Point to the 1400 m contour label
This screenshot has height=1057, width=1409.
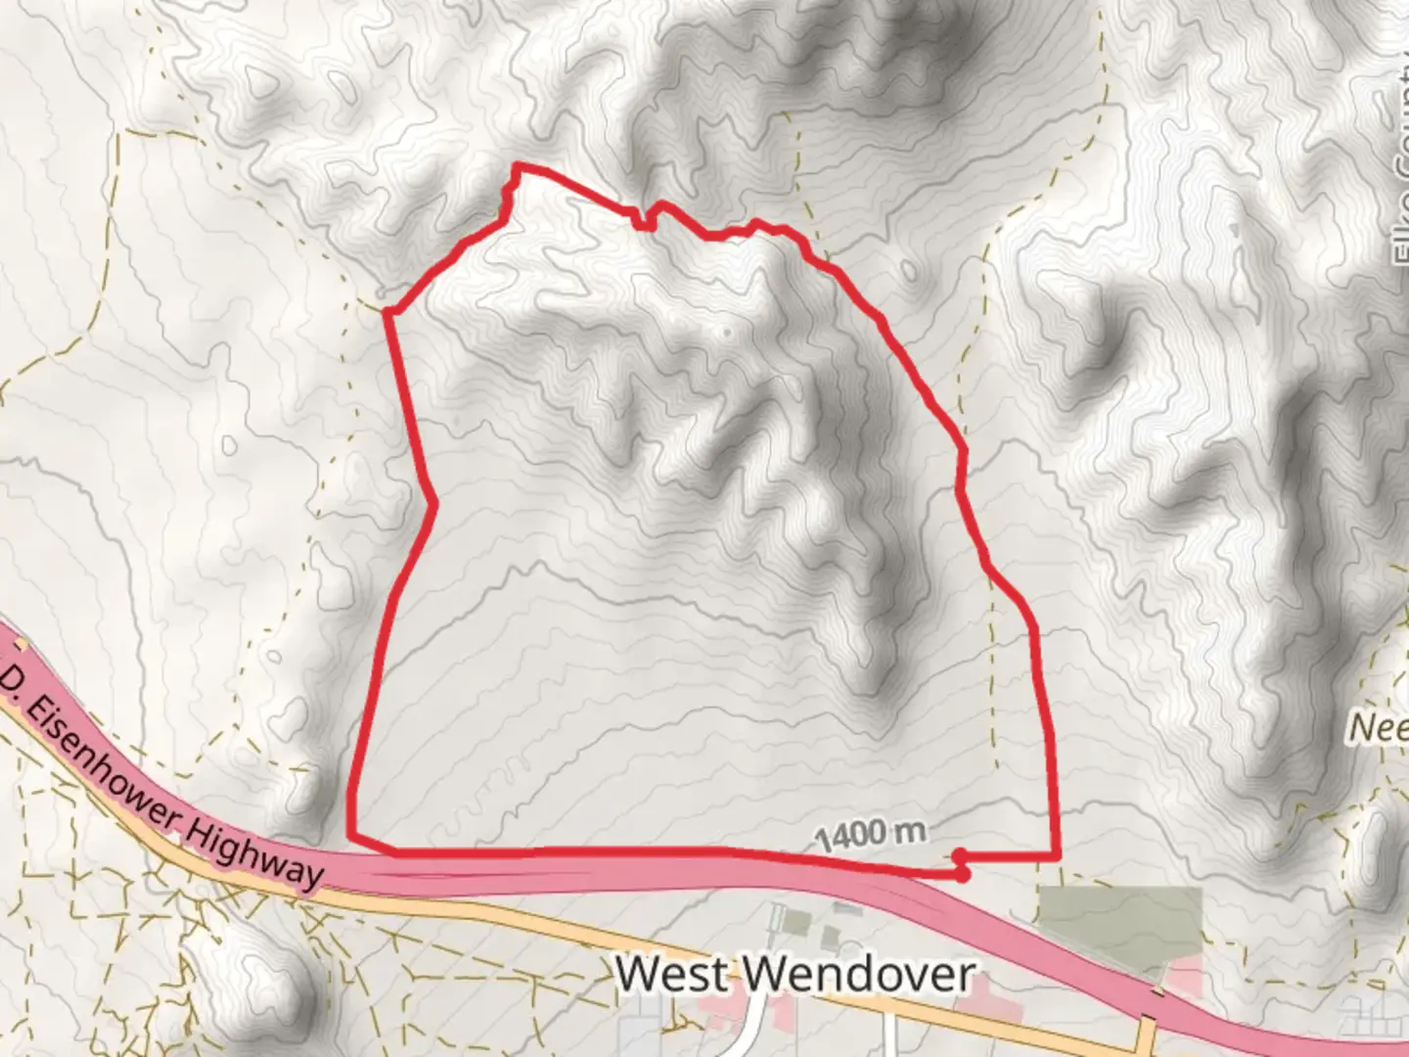point(869,835)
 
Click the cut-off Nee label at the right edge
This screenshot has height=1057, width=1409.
point(1379,728)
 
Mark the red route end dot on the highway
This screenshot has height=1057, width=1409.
point(963,874)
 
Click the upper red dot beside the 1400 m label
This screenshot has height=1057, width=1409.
point(960,854)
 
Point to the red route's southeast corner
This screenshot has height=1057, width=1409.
point(1057,856)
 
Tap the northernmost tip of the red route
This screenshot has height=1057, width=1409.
point(517,167)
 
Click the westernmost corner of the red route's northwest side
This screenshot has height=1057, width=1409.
point(387,312)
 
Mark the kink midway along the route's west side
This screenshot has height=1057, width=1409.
point(433,503)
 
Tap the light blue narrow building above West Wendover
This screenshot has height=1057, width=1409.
point(778,919)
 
